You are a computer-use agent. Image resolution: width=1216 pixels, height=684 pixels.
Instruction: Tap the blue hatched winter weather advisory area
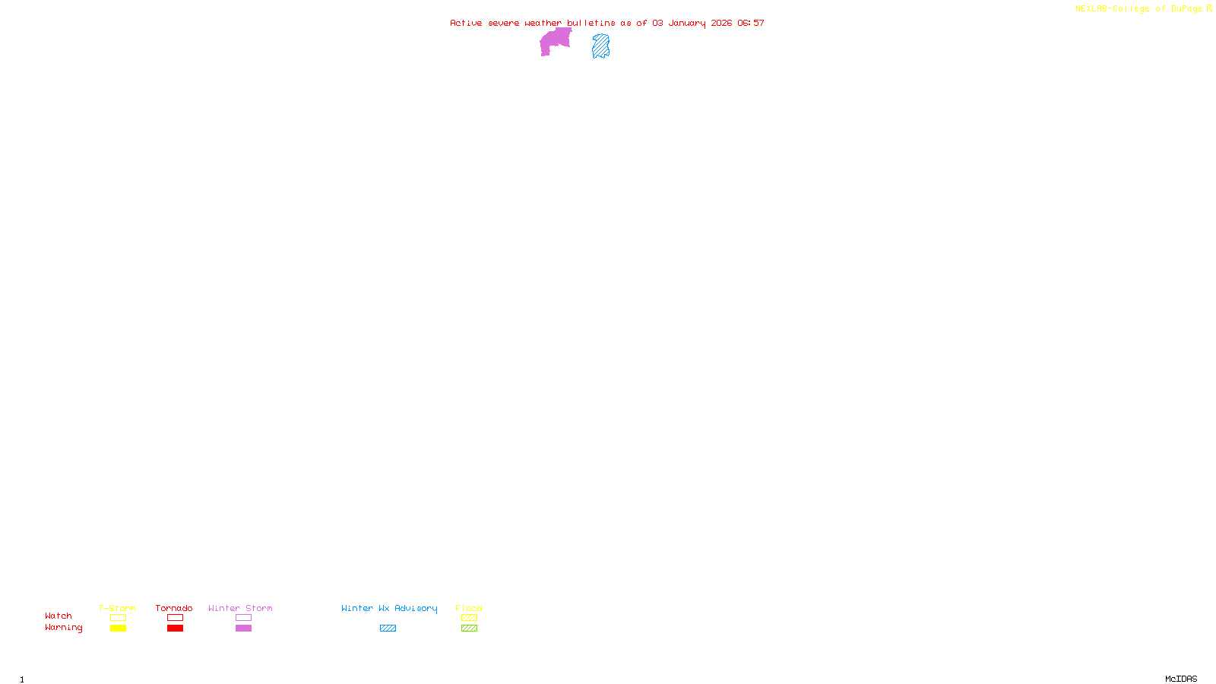[x=600, y=46]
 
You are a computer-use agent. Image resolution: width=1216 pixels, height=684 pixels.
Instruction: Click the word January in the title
[x=686, y=23]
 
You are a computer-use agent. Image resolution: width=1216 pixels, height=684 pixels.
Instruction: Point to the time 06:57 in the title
[x=750, y=23]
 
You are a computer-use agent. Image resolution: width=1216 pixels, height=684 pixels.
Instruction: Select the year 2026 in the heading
[x=721, y=23]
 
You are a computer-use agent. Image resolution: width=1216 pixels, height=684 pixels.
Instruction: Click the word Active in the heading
[x=465, y=23]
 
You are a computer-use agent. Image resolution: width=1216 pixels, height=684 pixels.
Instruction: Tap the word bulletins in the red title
[x=591, y=23]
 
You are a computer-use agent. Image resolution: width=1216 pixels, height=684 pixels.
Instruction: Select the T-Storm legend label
[x=117, y=608]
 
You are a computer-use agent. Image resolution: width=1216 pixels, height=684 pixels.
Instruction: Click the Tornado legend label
[x=174, y=608]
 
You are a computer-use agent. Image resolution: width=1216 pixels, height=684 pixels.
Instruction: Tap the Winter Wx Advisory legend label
[x=389, y=608]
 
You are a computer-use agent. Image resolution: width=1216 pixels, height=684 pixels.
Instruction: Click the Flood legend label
[x=469, y=608]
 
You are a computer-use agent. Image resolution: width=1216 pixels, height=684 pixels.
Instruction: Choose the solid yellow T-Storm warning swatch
[x=118, y=629]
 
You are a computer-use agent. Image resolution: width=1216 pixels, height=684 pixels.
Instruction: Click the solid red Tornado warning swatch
[x=175, y=629]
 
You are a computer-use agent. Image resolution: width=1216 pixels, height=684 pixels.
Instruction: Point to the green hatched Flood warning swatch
[x=469, y=629]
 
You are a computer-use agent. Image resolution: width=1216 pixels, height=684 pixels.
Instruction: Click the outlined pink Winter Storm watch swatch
[x=243, y=618]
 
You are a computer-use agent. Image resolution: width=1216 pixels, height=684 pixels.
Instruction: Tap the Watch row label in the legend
[x=59, y=616]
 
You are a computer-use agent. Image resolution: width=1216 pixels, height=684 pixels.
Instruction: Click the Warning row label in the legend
[x=63, y=628]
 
